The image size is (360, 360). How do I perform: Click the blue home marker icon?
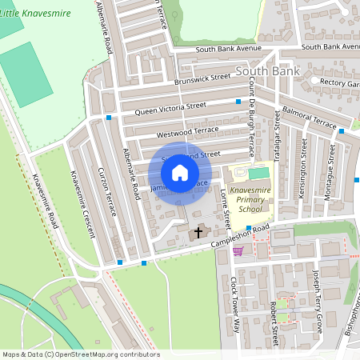pos(180,173)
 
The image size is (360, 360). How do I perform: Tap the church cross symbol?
pos(198,232)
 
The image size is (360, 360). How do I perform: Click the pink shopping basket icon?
pos(238,250)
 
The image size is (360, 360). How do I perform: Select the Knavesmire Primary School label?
pos(245,199)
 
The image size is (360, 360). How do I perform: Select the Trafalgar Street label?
pos(277,138)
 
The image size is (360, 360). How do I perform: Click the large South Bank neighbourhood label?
pos(267,71)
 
